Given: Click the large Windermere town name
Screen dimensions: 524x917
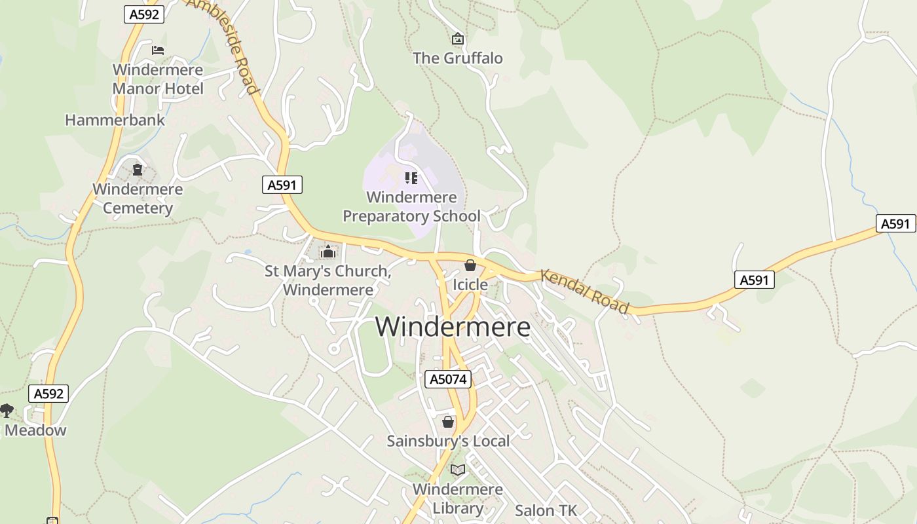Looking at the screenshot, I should click(x=453, y=327).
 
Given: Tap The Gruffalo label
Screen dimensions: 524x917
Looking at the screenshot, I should click(x=458, y=58).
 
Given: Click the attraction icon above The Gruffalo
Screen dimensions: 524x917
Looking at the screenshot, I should click(x=458, y=39).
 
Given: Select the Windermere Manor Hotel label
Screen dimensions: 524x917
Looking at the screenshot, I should click(x=158, y=79).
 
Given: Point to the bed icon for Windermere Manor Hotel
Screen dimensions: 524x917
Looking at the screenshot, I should click(x=158, y=50).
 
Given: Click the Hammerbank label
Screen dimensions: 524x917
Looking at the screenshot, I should click(x=115, y=121).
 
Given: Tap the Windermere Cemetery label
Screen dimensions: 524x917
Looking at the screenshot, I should click(x=138, y=198).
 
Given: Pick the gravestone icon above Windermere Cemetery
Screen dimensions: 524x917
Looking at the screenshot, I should click(x=138, y=170).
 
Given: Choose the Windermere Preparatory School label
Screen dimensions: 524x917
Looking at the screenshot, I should click(x=411, y=206).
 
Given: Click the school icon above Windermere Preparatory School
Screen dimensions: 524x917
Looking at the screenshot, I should click(x=411, y=178).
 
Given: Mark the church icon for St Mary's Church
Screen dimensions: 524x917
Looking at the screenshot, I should click(x=328, y=252).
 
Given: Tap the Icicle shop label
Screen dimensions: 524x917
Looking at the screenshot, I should click(x=470, y=285).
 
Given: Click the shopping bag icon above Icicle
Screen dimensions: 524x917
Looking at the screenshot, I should click(x=470, y=265).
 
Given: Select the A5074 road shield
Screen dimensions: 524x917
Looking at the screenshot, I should click(x=448, y=379).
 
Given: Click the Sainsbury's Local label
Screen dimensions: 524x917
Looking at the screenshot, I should click(x=448, y=441).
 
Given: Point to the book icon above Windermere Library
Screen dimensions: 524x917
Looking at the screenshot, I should click(x=458, y=470).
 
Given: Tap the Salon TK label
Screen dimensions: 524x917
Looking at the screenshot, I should click(x=546, y=511).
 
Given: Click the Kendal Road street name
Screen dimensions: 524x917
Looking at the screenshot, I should click(x=585, y=291).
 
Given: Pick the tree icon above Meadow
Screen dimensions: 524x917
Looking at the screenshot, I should click(x=7, y=411).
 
